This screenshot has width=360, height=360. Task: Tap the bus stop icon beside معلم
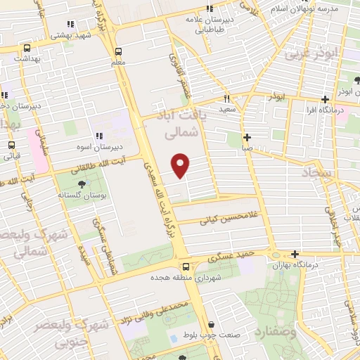(x=117, y=51)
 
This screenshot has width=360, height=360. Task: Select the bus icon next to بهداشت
(x=27, y=49)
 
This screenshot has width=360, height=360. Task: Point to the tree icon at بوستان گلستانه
(x=84, y=185)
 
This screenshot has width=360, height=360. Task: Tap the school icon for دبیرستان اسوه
(x=98, y=136)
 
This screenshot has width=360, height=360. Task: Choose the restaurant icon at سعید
(x=226, y=98)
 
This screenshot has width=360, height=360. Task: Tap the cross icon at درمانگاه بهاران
(x=295, y=255)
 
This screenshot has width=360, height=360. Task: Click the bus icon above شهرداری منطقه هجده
(x=186, y=266)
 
